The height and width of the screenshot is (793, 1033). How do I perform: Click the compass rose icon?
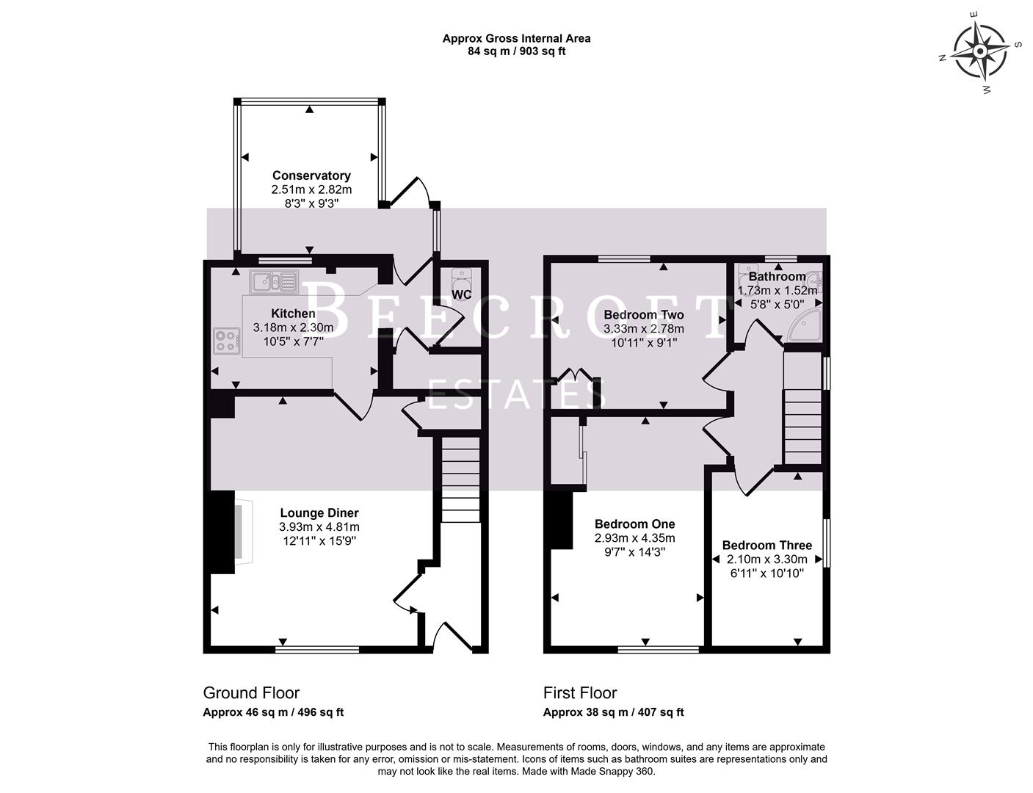pos(980,51)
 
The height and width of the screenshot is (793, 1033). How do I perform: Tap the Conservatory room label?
pos(311,175)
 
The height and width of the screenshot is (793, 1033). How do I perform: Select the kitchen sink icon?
pos(273,280)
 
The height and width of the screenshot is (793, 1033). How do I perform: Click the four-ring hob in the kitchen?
pos(227,341)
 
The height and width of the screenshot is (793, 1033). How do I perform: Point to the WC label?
pos(462,294)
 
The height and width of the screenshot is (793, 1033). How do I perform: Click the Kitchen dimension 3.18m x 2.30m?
pos(293,327)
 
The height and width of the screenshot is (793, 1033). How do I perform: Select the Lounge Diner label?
pos(319,513)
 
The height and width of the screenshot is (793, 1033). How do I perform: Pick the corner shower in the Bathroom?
pos(804,326)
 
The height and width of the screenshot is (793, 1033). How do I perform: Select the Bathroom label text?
pos(777,277)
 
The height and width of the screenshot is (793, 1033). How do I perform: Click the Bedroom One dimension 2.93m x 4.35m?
pos(634,538)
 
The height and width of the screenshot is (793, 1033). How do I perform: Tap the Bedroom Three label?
pos(766,546)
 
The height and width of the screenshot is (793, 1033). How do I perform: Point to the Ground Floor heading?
pos(251,692)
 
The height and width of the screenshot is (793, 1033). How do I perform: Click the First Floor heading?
pos(580,692)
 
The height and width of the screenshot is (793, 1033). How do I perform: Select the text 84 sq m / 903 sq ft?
pos(516,51)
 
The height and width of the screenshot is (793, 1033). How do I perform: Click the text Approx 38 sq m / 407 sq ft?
pos(613,712)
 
